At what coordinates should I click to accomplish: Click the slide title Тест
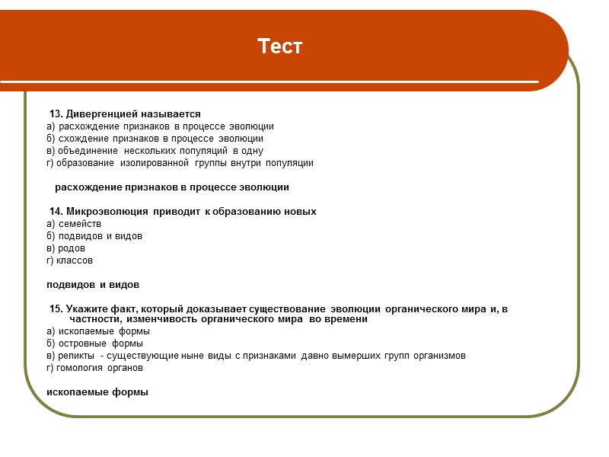click(280, 46)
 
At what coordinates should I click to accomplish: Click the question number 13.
click(56, 113)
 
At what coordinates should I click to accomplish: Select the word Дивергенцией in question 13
click(96, 113)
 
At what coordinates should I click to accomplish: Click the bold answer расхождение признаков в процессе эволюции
click(172, 187)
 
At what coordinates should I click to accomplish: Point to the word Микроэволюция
click(107, 211)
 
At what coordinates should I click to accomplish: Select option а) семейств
click(74, 224)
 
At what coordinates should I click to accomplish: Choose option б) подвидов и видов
click(94, 236)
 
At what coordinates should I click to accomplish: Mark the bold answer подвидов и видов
click(93, 285)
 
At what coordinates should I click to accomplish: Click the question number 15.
click(56, 308)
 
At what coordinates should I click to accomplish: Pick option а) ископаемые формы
click(98, 331)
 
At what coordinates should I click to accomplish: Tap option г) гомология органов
click(94, 368)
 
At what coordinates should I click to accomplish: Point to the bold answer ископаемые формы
click(97, 392)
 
